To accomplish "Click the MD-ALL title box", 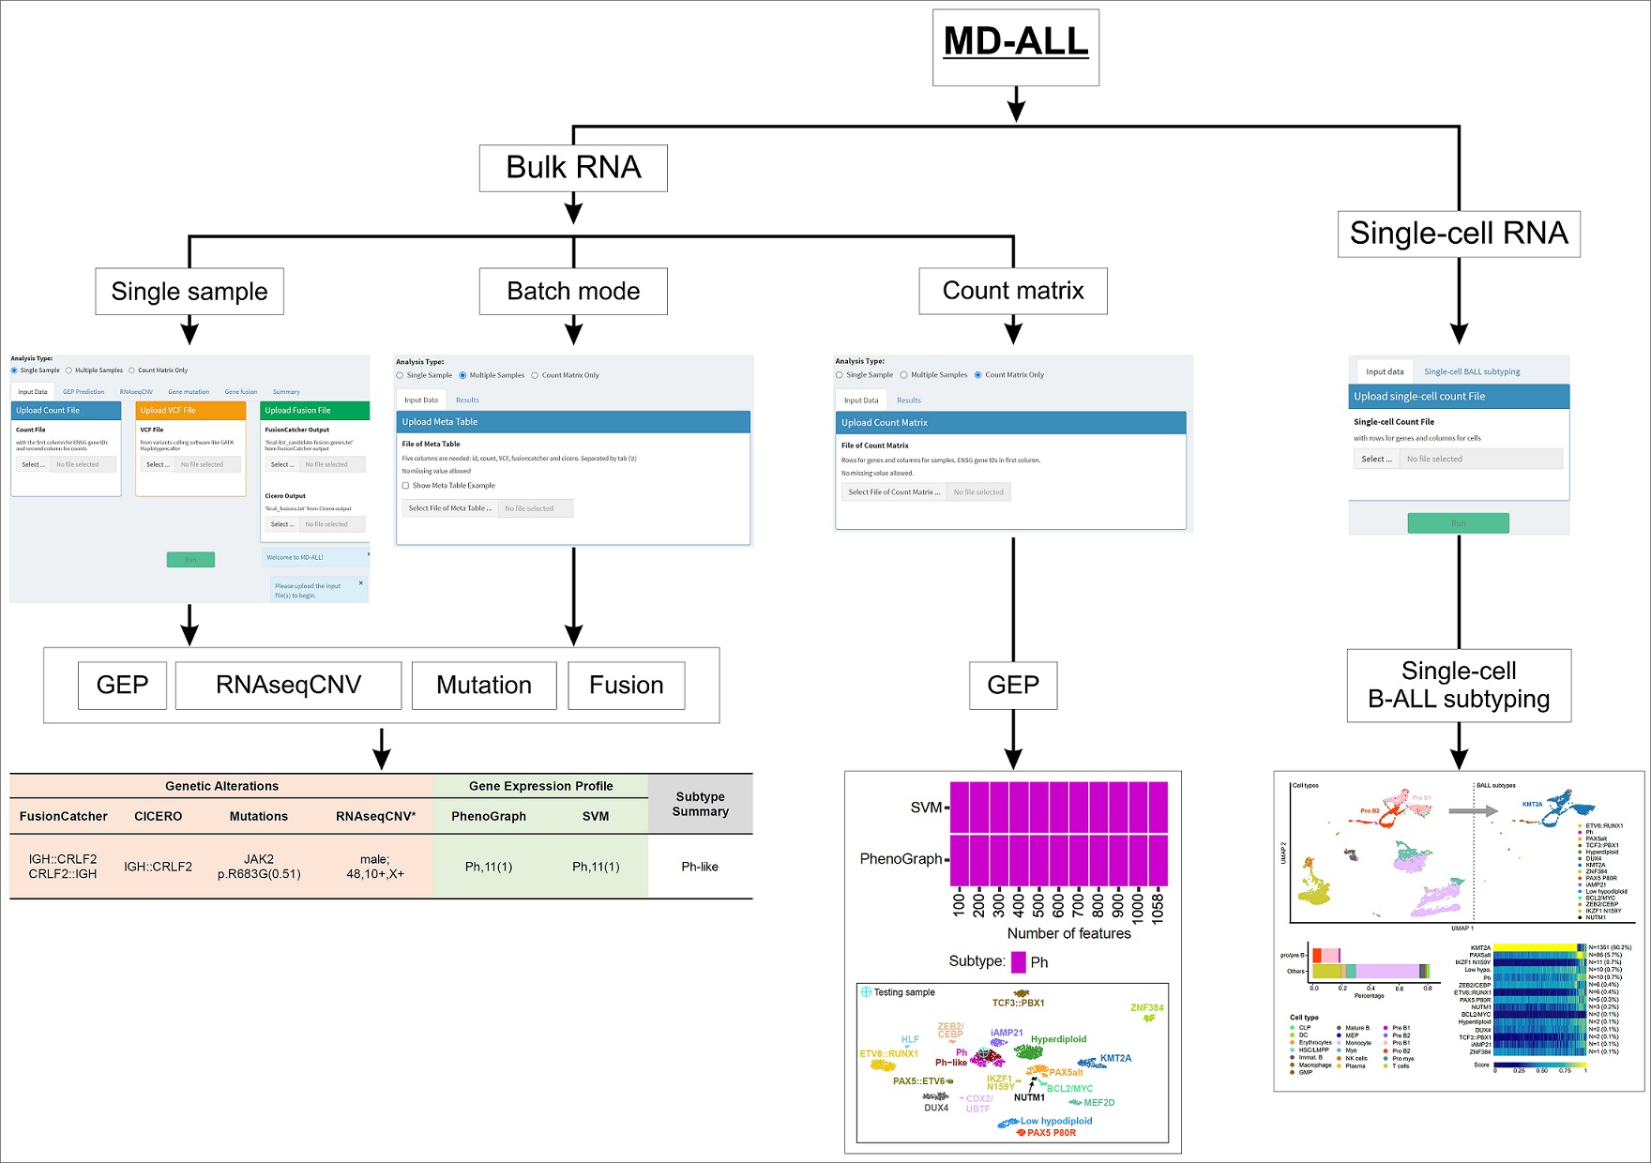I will tap(1015, 47).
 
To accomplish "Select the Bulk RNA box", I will tap(573, 168).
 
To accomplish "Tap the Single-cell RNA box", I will tap(1458, 234).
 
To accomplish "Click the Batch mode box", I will tap(573, 292).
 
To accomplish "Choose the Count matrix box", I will tap(1013, 292).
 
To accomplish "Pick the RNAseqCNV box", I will tap(288, 686).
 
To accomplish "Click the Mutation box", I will tap(483, 686).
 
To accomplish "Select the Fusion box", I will tap(626, 686).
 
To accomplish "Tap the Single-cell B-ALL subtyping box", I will tap(1458, 686).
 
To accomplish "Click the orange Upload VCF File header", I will tap(190, 410).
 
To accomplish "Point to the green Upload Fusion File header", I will tap(315, 410).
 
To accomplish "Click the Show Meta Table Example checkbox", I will tap(405, 486).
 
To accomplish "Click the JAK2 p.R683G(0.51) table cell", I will tap(259, 867).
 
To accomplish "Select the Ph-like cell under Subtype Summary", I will tap(700, 867).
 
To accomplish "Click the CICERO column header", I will tap(158, 817).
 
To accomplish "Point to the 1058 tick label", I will tap(1158, 907).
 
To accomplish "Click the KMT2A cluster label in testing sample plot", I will tap(1115, 1058).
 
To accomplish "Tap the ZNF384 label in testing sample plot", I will tap(1146, 1008).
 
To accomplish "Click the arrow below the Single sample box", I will tap(189, 330).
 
